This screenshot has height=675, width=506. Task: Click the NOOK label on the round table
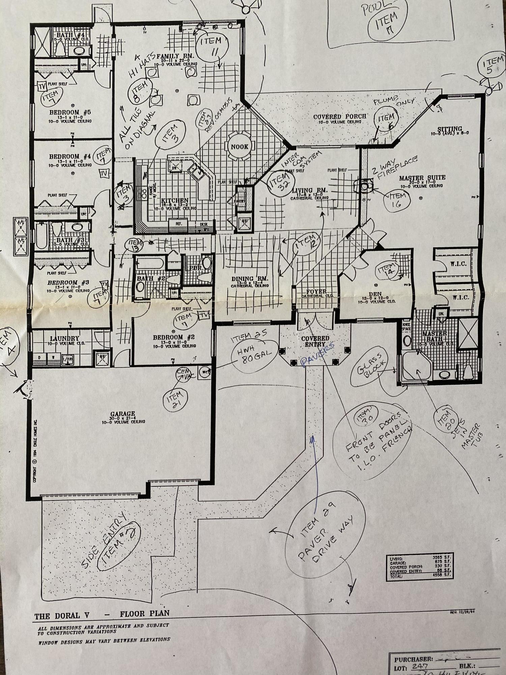pyautogui.click(x=240, y=147)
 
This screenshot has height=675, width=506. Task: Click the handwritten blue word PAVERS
pyautogui.click(x=317, y=354)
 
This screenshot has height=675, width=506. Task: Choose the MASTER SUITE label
pyautogui.click(x=422, y=178)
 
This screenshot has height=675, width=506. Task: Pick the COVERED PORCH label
pyautogui.click(x=340, y=116)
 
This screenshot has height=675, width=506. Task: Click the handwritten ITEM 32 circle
pyautogui.click(x=279, y=183)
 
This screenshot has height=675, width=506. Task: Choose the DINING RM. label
pyautogui.click(x=250, y=279)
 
